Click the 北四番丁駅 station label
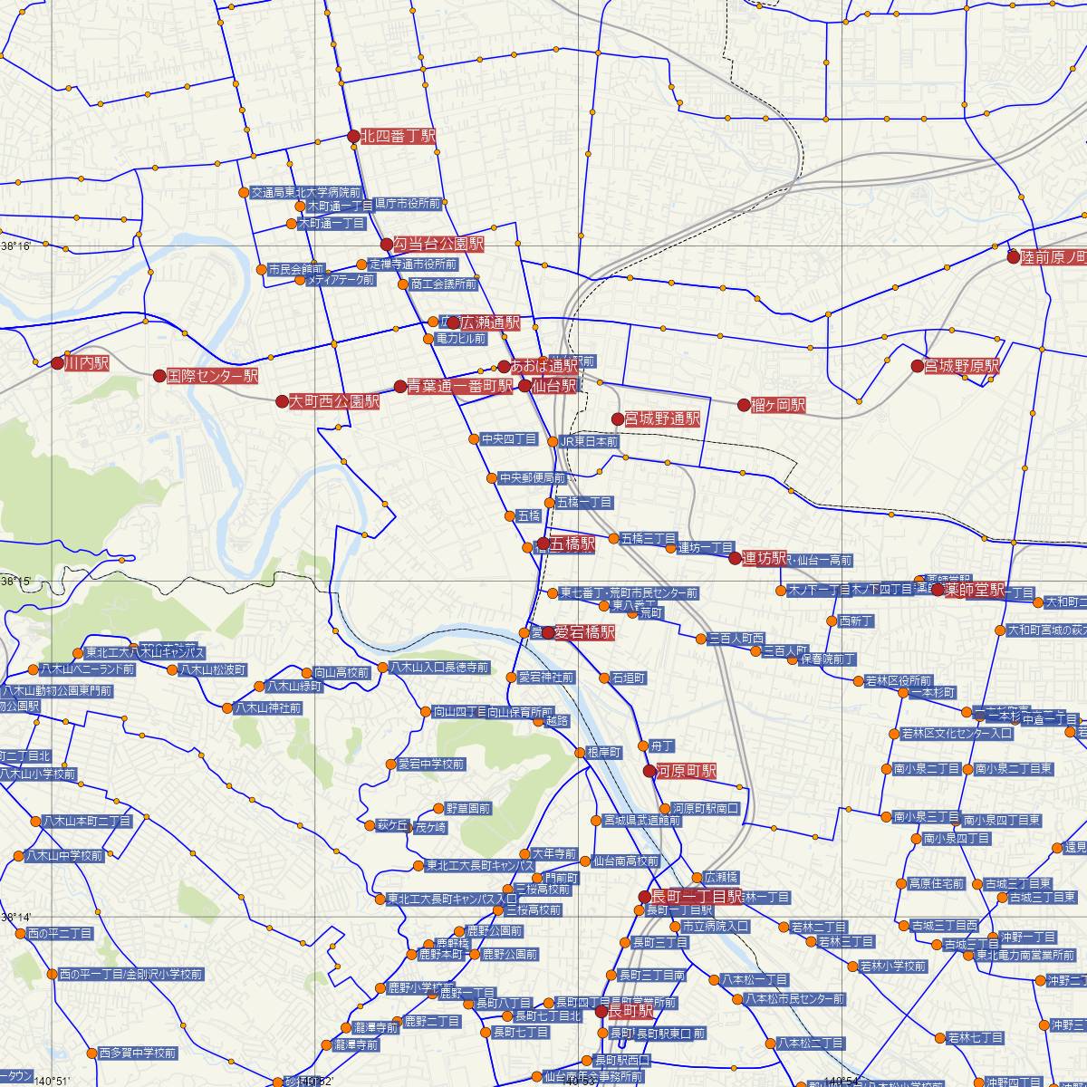point(399,137)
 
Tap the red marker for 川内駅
point(57,363)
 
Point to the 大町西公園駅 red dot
point(283,400)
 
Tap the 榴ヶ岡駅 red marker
point(744,405)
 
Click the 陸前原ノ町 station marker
point(1014,256)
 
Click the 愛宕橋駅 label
point(584,632)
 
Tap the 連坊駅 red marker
point(735,558)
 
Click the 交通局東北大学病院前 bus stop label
point(306,193)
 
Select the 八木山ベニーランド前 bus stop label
point(87,670)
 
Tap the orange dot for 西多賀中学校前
point(91,1053)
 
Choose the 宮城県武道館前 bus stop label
point(642,821)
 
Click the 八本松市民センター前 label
point(794,999)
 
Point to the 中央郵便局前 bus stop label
point(533,477)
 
